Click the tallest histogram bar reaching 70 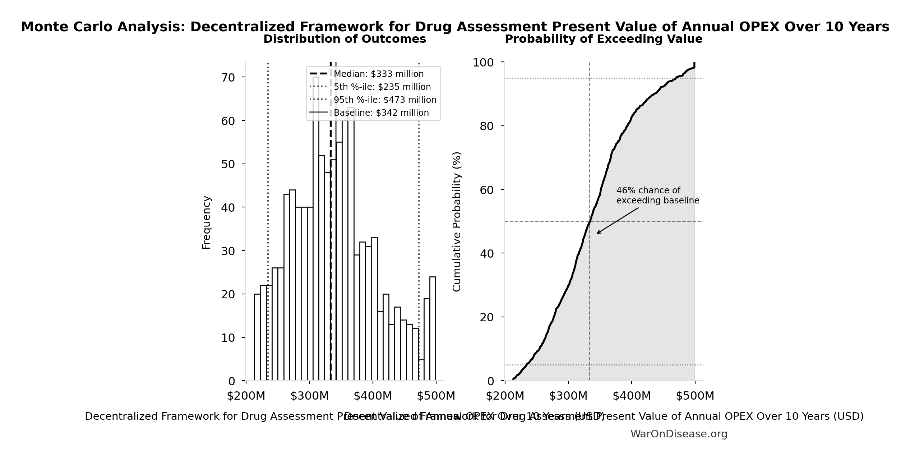tap(316, 230)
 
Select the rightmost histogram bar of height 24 tap(433, 329)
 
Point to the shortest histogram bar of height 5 tap(421, 370)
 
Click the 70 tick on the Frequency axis tap(228, 78)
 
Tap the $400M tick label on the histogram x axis tap(373, 396)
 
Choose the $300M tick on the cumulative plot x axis tap(568, 396)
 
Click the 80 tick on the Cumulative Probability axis tap(487, 126)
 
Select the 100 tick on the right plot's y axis tap(483, 63)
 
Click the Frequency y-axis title tap(206, 222)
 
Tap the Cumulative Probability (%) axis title tap(457, 222)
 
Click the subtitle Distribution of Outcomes tap(345, 39)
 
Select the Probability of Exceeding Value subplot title tap(604, 39)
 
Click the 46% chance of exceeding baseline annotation tap(657, 195)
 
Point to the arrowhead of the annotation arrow tap(597, 233)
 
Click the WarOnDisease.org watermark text tap(679, 434)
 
